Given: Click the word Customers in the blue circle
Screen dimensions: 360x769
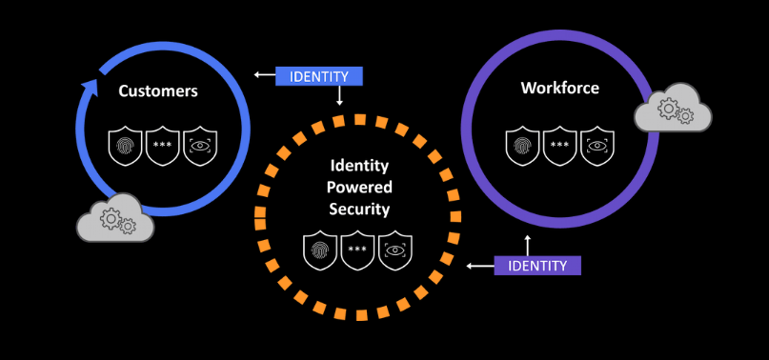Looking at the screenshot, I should tap(158, 91).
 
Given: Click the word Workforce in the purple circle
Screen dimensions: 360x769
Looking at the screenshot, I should tap(560, 89).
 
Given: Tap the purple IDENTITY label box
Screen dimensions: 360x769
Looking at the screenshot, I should tap(537, 265).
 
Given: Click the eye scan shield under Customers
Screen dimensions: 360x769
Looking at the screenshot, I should tap(199, 145).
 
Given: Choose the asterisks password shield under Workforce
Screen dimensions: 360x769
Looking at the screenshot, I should tap(560, 145).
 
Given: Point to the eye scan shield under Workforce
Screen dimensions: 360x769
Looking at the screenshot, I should tap(597, 145).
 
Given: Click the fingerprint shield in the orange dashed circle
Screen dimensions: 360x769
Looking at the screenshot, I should tap(320, 250).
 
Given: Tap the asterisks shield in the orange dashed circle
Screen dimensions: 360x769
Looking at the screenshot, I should tap(357, 250).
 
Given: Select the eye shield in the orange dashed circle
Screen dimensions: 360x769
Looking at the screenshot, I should tap(395, 250).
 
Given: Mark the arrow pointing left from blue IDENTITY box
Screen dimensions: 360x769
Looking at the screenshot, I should tap(263, 74).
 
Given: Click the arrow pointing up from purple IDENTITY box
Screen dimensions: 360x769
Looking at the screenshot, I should tap(526, 244).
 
